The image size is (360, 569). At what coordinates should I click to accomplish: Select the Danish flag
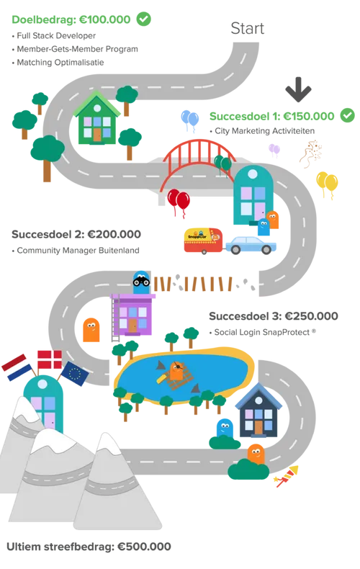[x=48, y=358]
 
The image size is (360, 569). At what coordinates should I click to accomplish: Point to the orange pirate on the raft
[x=176, y=371]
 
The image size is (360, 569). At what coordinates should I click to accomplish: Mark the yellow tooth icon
[x=327, y=184]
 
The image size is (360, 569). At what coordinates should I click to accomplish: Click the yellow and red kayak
[x=286, y=476]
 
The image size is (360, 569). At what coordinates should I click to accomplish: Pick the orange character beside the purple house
[x=89, y=329]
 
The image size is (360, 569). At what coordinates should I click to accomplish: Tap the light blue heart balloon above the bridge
[x=189, y=120]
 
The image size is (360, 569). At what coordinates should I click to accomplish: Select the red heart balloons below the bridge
[x=178, y=202]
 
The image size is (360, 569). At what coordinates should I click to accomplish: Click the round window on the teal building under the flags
[x=45, y=389]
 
